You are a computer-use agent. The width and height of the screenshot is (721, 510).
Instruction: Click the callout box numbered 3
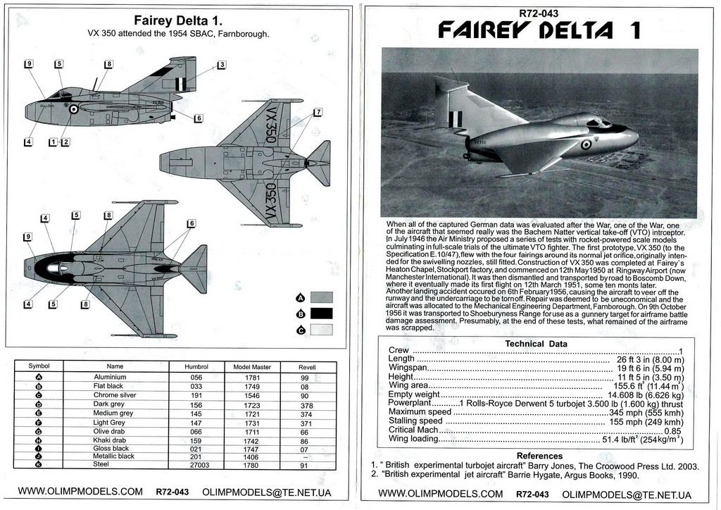point(221,65)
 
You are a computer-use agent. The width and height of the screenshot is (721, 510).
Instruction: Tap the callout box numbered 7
point(318,112)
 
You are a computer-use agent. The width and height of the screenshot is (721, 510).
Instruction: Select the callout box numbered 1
point(53,142)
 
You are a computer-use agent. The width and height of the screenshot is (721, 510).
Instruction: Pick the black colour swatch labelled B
point(320,313)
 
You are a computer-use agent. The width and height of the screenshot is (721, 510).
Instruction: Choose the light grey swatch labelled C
point(320,330)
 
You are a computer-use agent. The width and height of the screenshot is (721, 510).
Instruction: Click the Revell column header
point(306,367)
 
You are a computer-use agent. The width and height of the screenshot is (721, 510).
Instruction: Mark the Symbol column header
point(39,366)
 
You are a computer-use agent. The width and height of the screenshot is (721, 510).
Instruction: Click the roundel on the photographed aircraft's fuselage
point(586,144)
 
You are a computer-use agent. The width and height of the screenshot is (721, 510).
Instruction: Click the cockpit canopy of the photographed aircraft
point(599,123)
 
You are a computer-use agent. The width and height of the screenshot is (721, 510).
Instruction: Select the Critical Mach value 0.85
point(672,430)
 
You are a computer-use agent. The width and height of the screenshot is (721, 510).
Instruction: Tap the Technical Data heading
point(537,344)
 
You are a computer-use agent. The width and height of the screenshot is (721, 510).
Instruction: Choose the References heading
point(539,456)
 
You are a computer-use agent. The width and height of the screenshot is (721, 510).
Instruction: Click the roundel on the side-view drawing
point(73,109)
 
